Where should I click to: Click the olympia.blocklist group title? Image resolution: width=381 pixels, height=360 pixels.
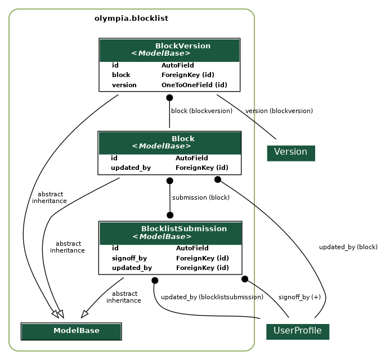[131, 19]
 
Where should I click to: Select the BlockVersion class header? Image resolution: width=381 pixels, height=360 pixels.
[169, 49]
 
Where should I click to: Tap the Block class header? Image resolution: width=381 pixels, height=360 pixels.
[169, 142]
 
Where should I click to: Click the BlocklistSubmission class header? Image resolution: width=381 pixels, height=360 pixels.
[170, 232]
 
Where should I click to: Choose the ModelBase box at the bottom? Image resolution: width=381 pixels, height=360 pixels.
[71, 331]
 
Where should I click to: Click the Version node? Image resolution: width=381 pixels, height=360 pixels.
[290, 152]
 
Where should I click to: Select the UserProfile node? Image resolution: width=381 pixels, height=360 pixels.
[297, 331]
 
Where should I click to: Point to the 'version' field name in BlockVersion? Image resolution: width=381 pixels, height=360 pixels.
[124, 85]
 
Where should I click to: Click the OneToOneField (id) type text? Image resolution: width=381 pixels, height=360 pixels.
[194, 85]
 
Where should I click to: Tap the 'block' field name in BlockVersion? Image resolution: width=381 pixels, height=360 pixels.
[121, 75]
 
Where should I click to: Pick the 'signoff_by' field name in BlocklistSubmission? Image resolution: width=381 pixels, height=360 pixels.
[129, 258]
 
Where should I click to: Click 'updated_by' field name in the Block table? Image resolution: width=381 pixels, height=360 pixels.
[131, 168]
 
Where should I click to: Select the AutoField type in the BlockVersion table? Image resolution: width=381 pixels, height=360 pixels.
[177, 65]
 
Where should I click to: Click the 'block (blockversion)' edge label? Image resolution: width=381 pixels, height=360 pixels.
[201, 111]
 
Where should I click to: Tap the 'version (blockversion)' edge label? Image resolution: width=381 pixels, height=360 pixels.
[279, 111]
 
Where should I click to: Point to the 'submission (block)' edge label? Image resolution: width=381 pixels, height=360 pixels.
[201, 197]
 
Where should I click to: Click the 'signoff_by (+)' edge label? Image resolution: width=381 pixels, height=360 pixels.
[299, 297]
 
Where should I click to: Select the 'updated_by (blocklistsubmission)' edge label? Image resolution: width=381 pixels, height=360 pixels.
[212, 297]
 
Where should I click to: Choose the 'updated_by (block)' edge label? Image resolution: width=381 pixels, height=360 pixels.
[348, 247]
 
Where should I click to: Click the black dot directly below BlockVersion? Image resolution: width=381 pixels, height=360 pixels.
[169, 98]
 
